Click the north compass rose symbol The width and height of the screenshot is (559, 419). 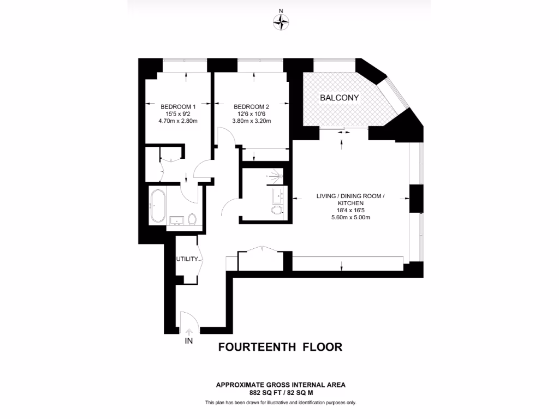(281, 21)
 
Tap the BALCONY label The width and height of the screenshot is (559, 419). (339, 98)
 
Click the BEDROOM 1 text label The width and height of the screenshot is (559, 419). (179, 106)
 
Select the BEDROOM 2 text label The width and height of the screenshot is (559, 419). (252, 106)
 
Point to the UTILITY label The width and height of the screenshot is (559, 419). (187, 259)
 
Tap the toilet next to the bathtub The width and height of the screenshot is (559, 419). (192, 219)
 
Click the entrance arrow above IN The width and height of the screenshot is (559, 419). (189, 331)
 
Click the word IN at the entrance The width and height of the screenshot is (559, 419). (189, 342)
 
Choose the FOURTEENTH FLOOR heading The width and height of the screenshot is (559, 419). (280, 347)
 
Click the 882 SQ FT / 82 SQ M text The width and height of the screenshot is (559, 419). (281, 393)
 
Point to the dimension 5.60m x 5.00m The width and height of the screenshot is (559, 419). (351, 218)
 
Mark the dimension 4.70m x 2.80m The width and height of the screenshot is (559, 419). (179, 121)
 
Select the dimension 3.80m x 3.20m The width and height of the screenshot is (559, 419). (252, 121)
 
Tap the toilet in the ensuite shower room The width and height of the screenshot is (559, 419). (276, 211)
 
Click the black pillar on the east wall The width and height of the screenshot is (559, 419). (417, 199)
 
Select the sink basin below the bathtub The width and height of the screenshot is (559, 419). (177, 220)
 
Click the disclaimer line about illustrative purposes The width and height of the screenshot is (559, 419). (280, 403)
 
